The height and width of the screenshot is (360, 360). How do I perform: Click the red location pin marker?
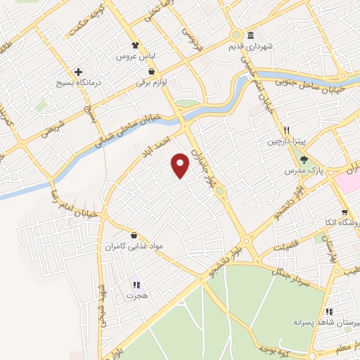click(x=181, y=165)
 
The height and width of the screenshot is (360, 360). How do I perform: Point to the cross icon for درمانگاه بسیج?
click(x=78, y=72)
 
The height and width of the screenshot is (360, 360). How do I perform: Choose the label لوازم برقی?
click(x=154, y=82)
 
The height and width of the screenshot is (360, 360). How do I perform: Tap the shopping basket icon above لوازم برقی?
click(x=151, y=71)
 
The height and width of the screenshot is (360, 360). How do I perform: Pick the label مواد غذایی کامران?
click(x=134, y=247)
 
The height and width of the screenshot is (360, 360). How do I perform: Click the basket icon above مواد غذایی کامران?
click(x=134, y=235)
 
